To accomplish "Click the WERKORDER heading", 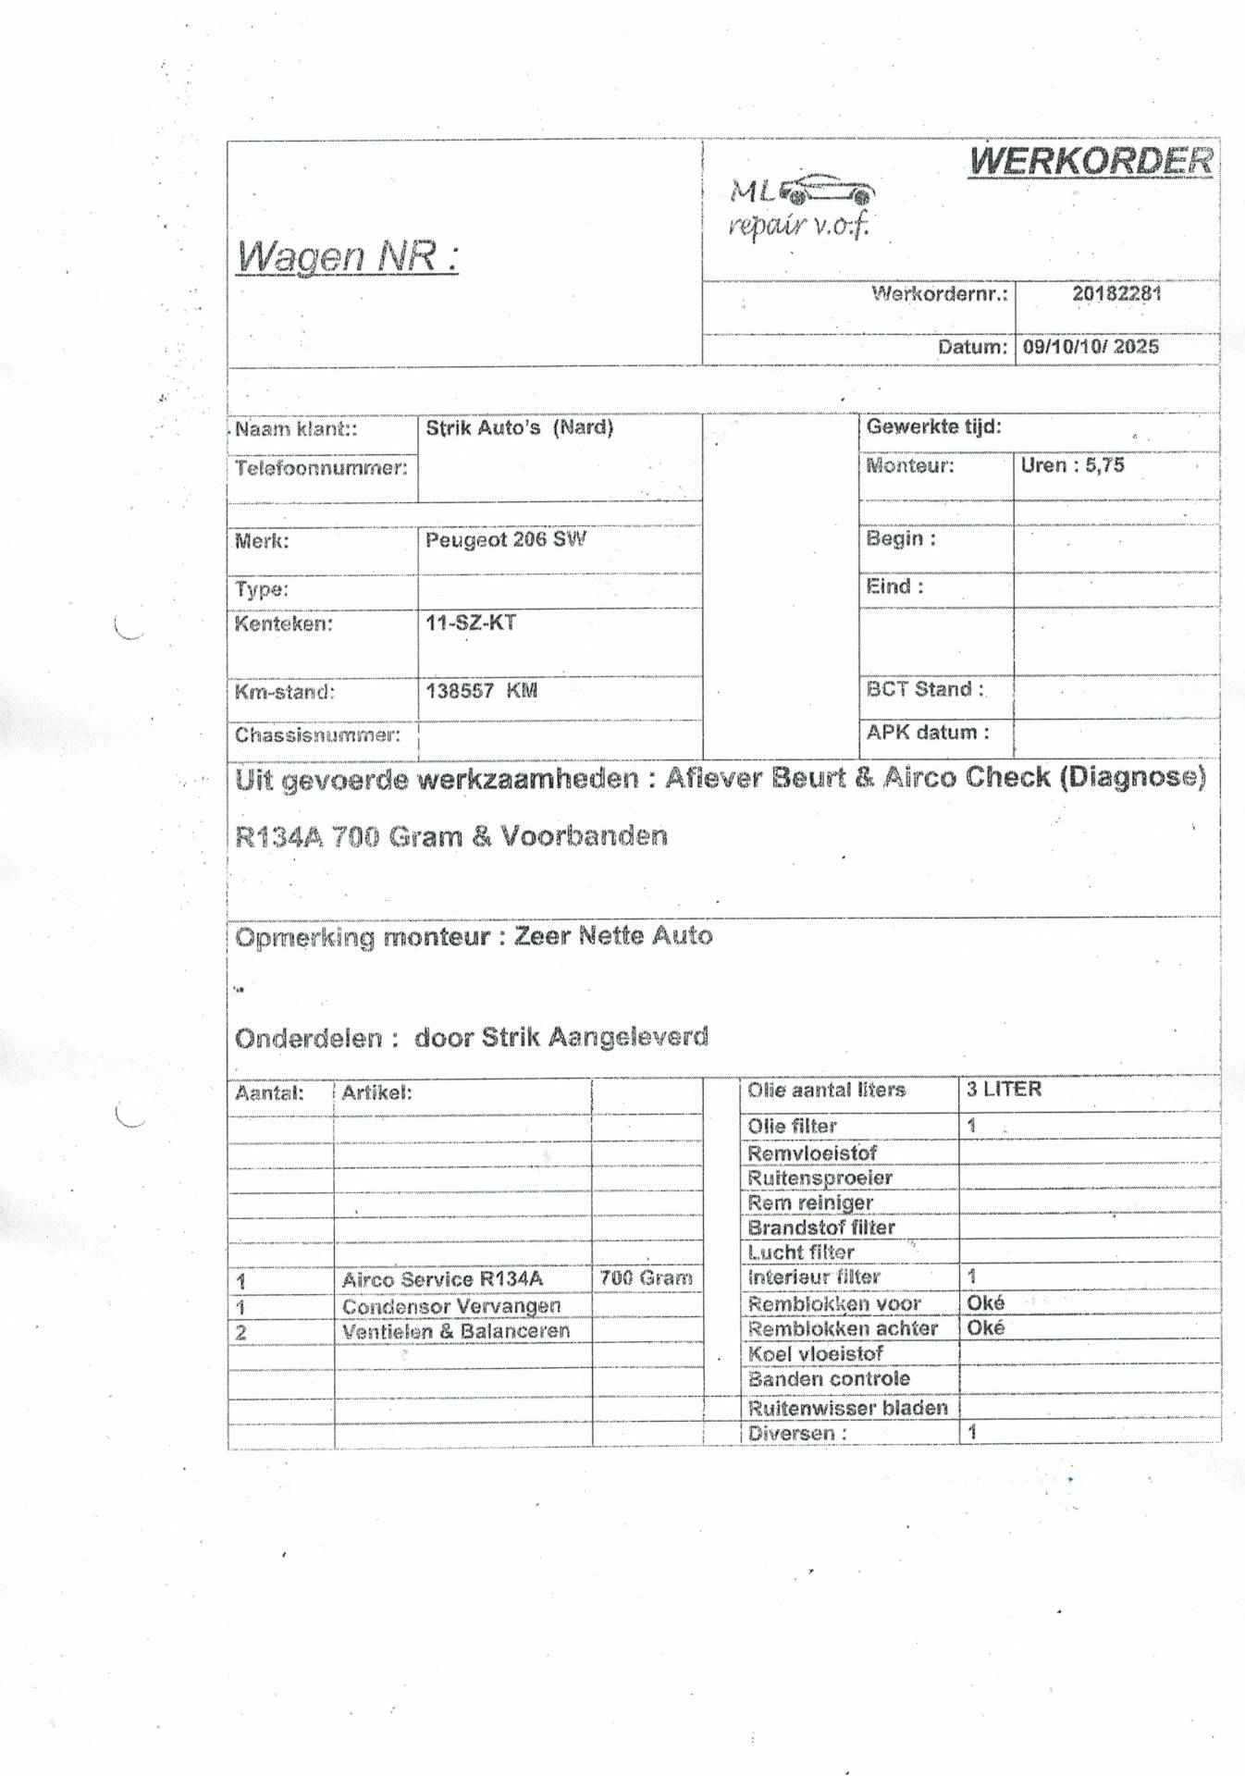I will pyautogui.click(x=1091, y=161).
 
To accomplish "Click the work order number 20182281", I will pyautogui.click(x=1116, y=294).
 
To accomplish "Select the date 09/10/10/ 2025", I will pyautogui.click(x=1091, y=347).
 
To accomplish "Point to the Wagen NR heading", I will pyautogui.click(x=347, y=256).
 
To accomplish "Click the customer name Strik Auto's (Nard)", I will pyautogui.click(x=519, y=428).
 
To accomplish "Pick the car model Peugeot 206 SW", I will pyautogui.click(x=505, y=539).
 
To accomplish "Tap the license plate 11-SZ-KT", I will pyautogui.click(x=470, y=623).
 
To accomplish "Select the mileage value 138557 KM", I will pyautogui.click(x=481, y=691).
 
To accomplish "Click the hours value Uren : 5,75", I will pyautogui.click(x=1072, y=465).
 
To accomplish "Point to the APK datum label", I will pyautogui.click(x=927, y=733).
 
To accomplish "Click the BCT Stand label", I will pyautogui.click(x=924, y=689).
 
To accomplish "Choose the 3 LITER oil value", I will pyautogui.click(x=1004, y=1090).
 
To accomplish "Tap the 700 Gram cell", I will pyautogui.click(x=646, y=1278).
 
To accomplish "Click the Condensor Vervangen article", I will pyautogui.click(x=451, y=1306).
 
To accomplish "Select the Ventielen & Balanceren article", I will pyautogui.click(x=455, y=1331).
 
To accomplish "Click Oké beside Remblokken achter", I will pyautogui.click(x=985, y=1328).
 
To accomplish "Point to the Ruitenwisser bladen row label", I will pyautogui.click(x=847, y=1408).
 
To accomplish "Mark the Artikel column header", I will pyautogui.click(x=376, y=1092).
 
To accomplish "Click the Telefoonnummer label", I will pyautogui.click(x=320, y=468).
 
